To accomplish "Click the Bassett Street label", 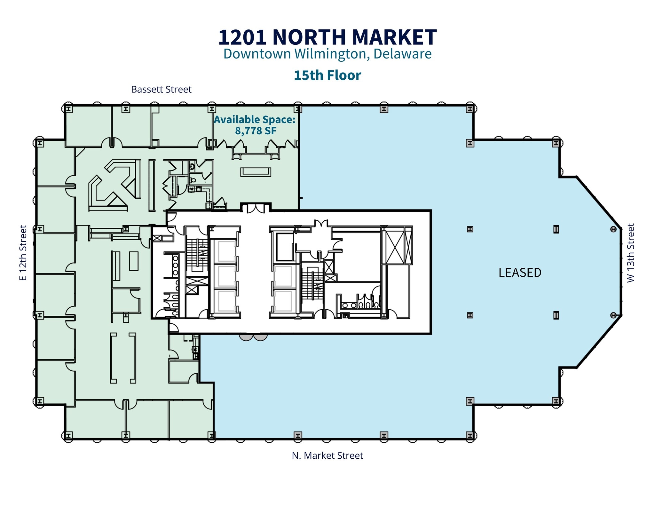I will [161, 89].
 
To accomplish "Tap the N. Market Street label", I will [327, 455].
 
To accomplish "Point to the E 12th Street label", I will [23, 253].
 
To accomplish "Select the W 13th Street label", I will [631, 253].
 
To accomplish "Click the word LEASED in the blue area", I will [520, 273].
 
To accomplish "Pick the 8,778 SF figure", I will [256, 131].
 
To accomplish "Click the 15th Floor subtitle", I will [327, 75].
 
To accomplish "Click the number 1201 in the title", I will [242, 37].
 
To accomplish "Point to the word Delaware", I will [402, 54].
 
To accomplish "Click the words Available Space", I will [255, 120].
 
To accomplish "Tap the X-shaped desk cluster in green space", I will [110, 186].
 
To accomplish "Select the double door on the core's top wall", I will [256, 208].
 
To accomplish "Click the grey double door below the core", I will [253, 337].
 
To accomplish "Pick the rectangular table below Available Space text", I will [256, 172].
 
